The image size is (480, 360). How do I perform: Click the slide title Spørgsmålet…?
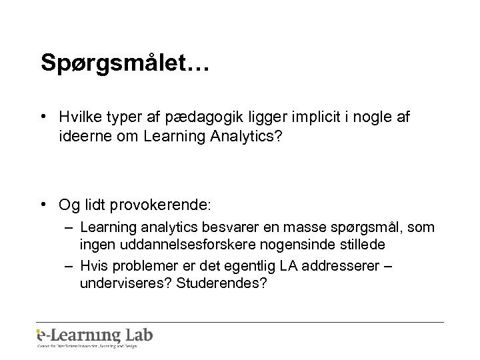click(x=125, y=63)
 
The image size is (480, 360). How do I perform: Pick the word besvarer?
click(x=226, y=227)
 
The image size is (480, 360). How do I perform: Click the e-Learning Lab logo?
click(x=95, y=336)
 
